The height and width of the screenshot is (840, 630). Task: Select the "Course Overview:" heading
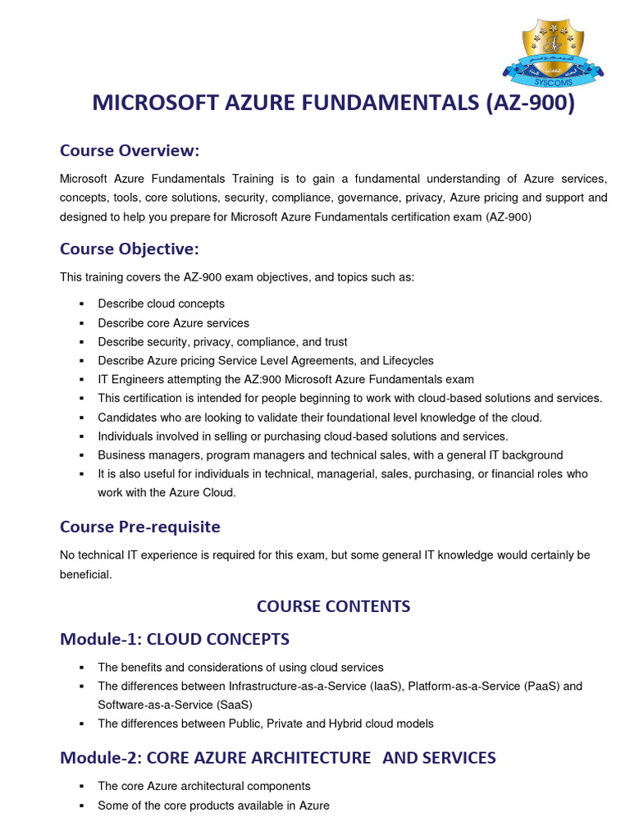tap(130, 151)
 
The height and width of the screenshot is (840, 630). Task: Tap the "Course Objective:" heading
tap(130, 249)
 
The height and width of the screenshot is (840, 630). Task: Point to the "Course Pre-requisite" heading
tap(140, 526)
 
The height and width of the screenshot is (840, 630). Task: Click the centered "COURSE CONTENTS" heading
tap(333, 606)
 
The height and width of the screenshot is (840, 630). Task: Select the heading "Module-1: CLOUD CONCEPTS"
tap(175, 638)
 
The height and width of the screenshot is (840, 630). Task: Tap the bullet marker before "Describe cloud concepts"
tap(82, 304)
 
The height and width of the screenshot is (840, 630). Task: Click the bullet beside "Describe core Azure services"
tap(82, 323)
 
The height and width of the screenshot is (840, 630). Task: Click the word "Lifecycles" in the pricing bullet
tap(408, 361)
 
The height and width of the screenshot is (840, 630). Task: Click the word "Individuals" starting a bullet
tap(127, 436)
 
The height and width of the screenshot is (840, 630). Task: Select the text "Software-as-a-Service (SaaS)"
tap(175, 705)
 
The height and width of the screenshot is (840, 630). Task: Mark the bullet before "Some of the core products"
tap(82, 806)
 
